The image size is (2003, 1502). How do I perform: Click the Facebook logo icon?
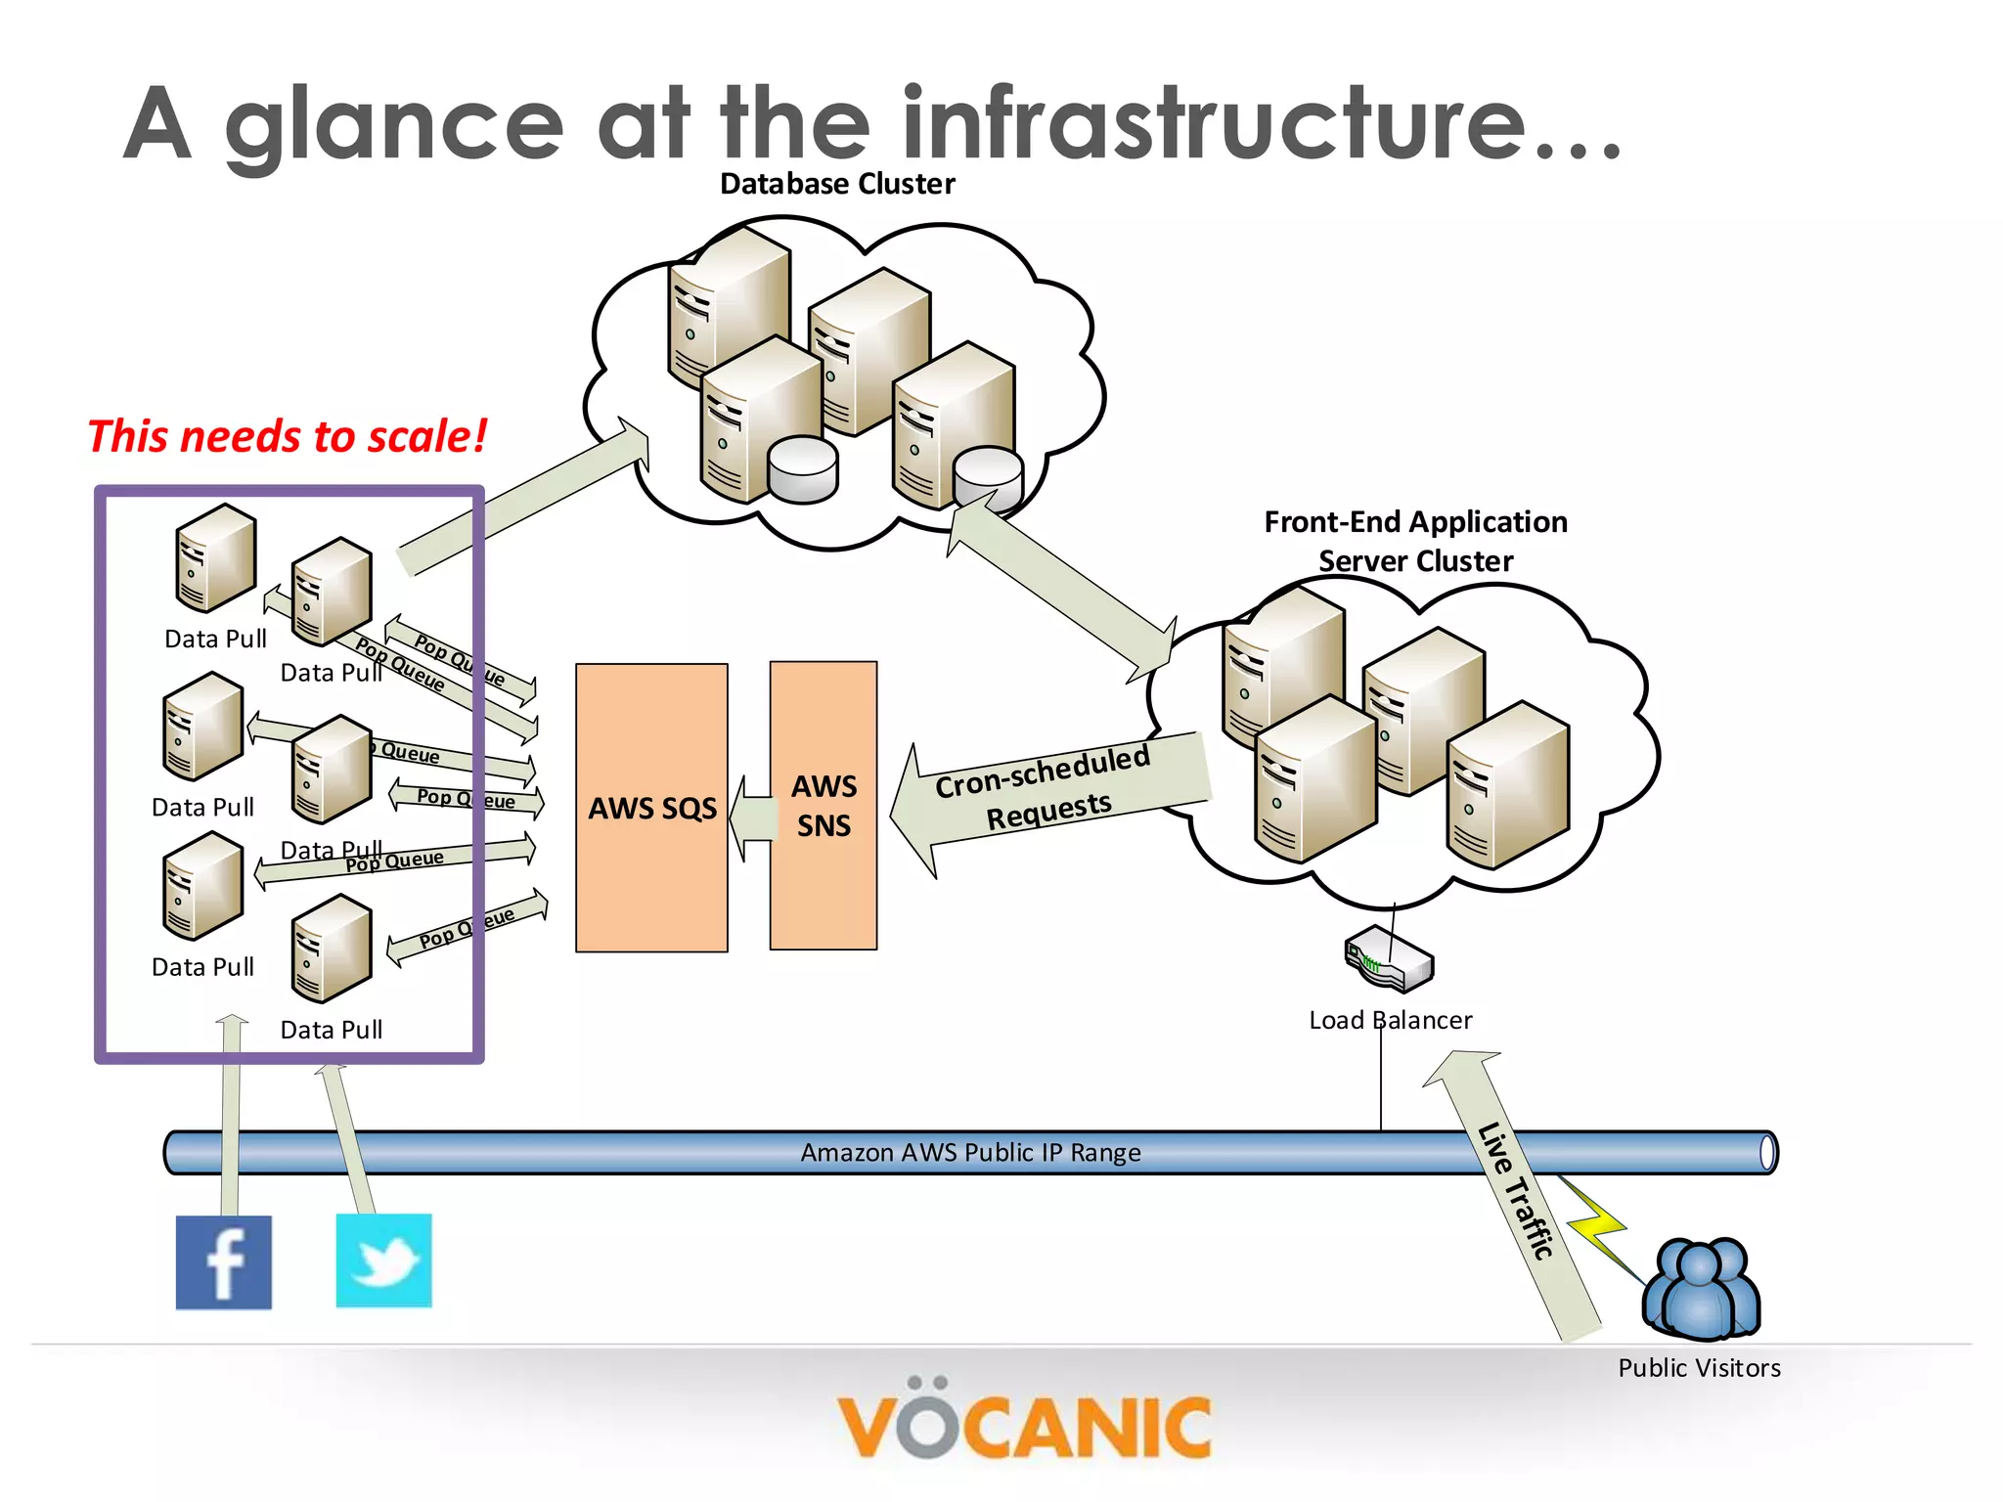(x=223, y=1261)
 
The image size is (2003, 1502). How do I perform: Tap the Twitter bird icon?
(x=383, y=1260)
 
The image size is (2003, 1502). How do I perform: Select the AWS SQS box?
(x=651, y=808)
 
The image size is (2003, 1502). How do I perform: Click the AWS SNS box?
(x=823, y=806)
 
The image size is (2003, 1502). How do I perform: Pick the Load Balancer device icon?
(x=1389, y=958)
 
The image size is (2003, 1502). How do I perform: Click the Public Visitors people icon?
(x=1701, y=1288)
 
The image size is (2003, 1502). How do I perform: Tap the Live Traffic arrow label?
(x=1515, y=1191)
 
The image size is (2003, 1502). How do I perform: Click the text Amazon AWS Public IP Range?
(x=970, y=1153)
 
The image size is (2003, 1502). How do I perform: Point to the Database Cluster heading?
(x=837, y=184)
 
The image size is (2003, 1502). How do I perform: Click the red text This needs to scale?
(x=287, y=436)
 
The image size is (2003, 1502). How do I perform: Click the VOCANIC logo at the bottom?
(x=1023, y=1425)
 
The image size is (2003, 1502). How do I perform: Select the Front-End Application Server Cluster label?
(x=1415, y=541)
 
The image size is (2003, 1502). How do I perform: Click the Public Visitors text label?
(x=1699, y=1368)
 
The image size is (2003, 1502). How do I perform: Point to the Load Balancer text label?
(x=1390, y=1021)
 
